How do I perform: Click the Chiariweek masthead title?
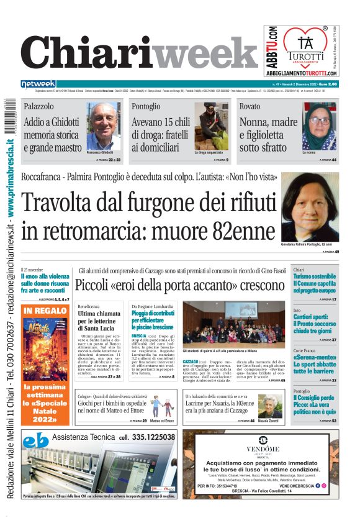(x=140, y=53)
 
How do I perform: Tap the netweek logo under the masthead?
(x=38, y=84)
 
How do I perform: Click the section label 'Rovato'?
(x=250, y=107)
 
